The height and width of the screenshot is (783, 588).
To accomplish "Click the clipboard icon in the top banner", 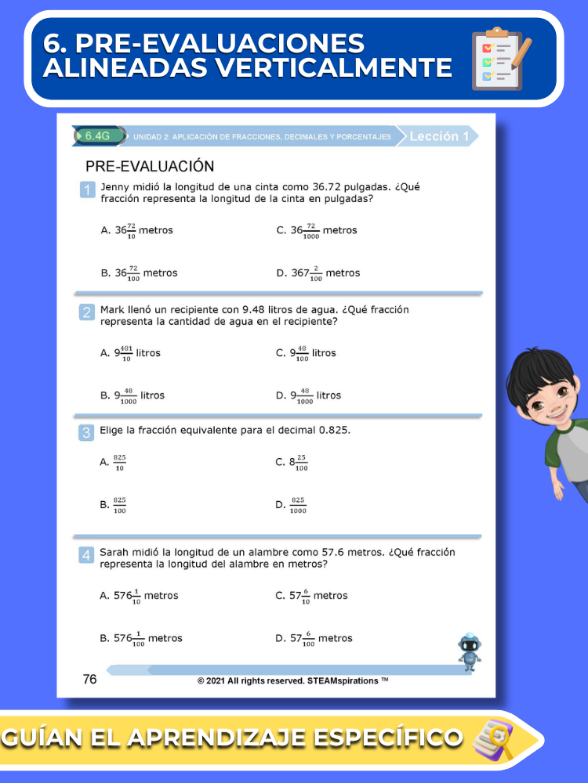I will point(501,59).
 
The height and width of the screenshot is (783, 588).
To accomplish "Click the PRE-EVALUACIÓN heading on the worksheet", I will point(150,166).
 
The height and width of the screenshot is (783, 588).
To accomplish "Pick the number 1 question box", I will point(88,190).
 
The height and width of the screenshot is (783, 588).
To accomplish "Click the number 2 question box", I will point(87,312).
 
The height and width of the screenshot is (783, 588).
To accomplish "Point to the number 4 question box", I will point(86,555).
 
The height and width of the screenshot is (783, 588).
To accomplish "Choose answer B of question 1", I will point(139,273).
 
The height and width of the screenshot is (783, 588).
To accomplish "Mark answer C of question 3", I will point(292,463).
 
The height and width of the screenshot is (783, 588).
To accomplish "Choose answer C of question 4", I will point(311,596).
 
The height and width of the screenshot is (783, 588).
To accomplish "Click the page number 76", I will point(90,680).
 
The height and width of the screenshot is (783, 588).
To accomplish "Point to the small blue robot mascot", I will point(470,651).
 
